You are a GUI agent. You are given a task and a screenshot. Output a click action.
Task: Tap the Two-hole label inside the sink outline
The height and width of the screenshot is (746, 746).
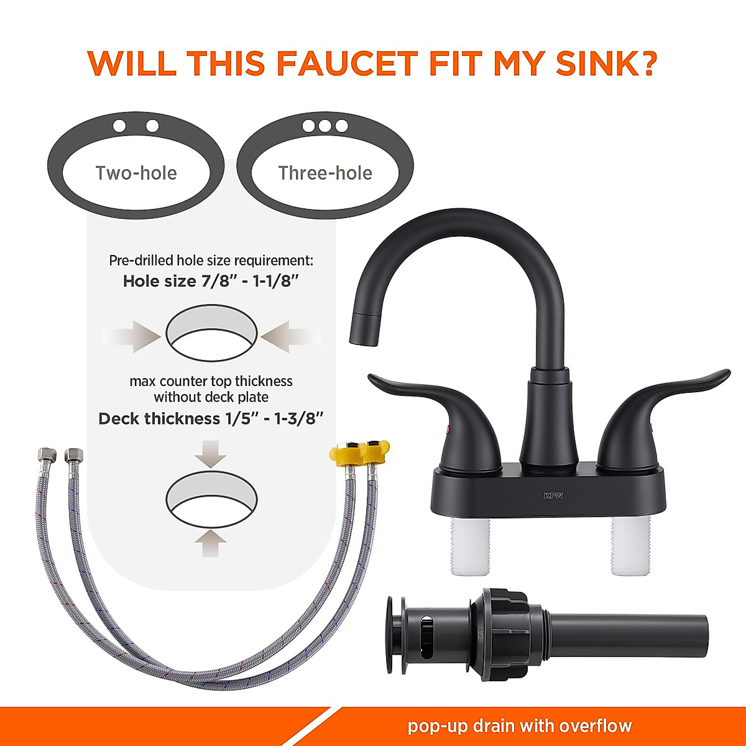click(136, 173)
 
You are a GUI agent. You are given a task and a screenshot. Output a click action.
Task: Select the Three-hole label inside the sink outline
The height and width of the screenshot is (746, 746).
click(325, 173)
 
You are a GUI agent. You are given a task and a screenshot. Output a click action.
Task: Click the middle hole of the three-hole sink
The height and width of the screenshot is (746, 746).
click(325, 126)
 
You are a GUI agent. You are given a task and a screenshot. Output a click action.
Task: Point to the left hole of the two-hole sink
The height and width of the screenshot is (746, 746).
click(119, 127)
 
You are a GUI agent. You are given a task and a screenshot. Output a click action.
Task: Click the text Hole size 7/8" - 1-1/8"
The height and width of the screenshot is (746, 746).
click(211, 281)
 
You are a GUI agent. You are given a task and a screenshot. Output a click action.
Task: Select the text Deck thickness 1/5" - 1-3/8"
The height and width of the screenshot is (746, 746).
click(211, 418)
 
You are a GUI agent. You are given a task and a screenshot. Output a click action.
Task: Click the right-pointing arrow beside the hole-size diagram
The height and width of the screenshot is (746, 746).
click(132, 336)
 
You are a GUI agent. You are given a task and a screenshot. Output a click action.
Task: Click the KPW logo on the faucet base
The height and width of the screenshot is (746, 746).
click(553, 495)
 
